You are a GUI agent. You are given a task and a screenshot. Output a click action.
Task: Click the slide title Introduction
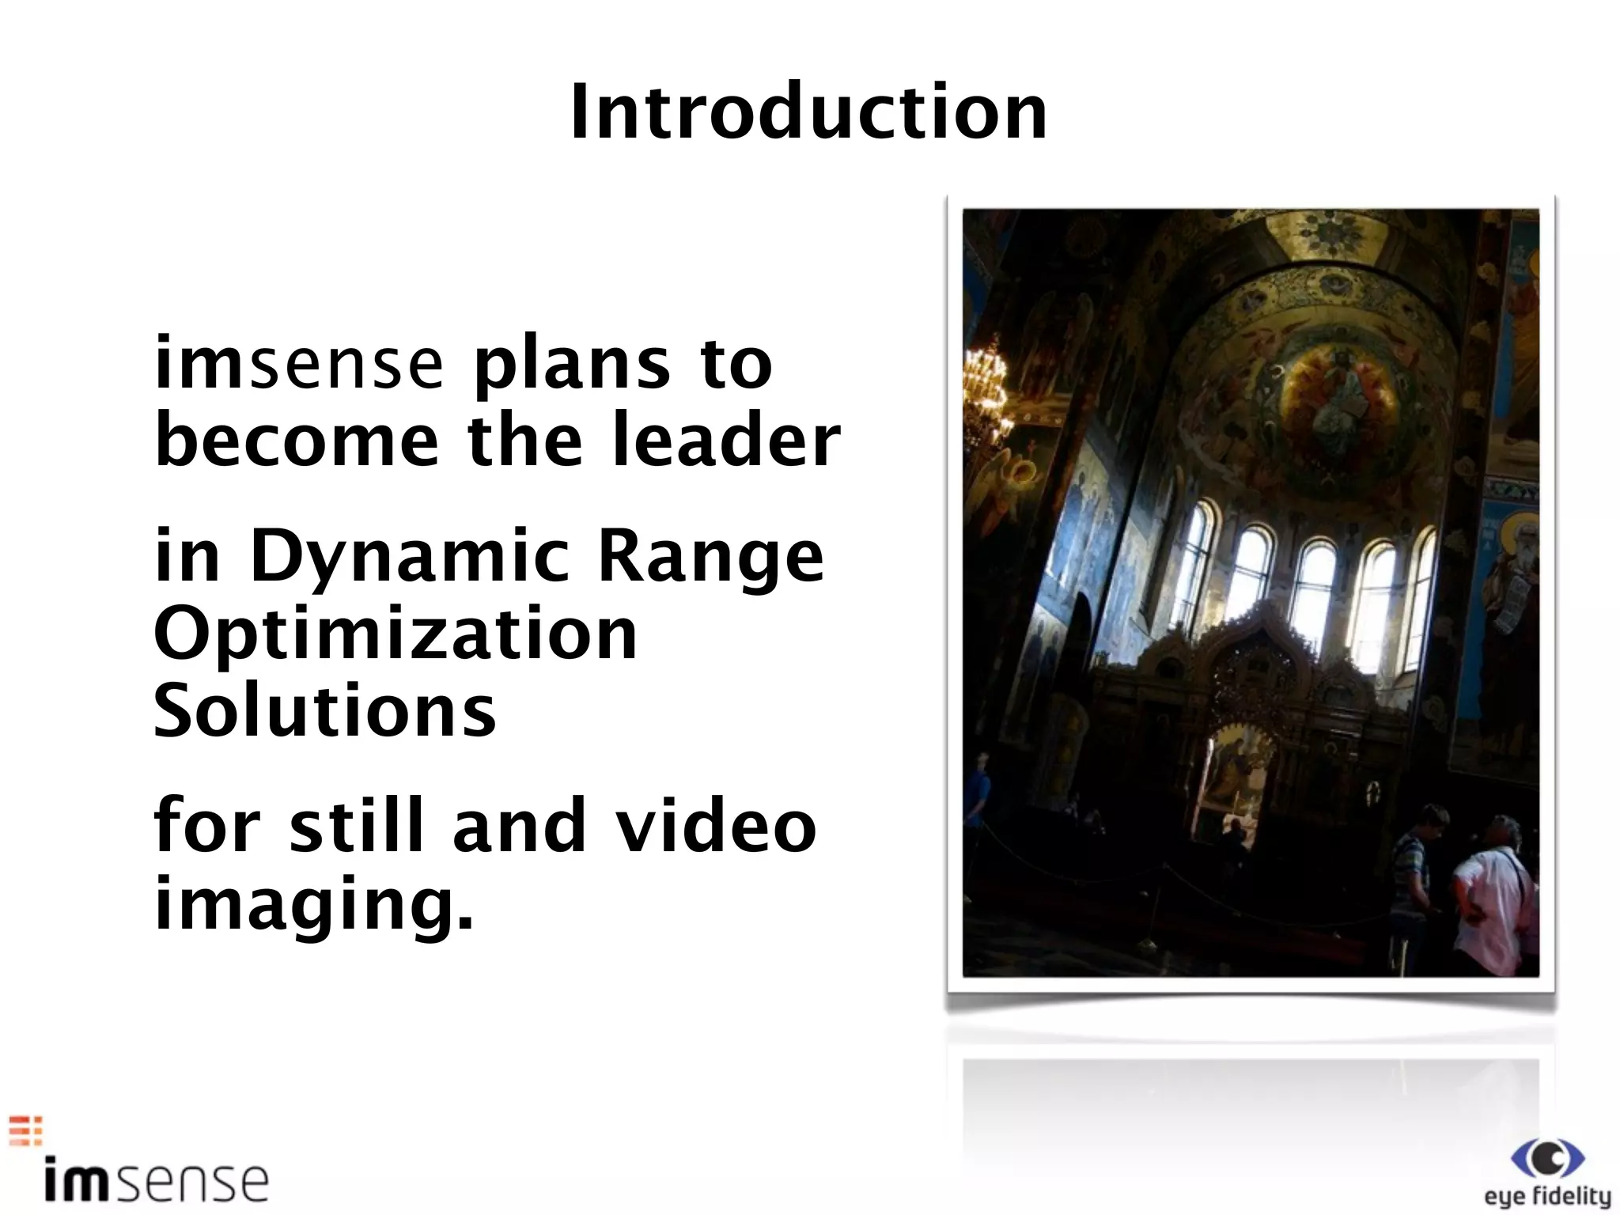click(x=808, y=113)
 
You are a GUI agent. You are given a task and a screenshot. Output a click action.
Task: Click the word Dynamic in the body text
click(x=409, y=558)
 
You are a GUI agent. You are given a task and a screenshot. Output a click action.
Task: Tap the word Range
click(x=710, y=558)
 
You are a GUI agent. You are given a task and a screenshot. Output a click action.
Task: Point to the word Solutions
click(x=325, y=710)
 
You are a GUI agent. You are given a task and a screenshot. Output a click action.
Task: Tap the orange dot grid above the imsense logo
click(x=25, y=1131)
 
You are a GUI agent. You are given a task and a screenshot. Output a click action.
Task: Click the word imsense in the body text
click(x=299, y=365)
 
